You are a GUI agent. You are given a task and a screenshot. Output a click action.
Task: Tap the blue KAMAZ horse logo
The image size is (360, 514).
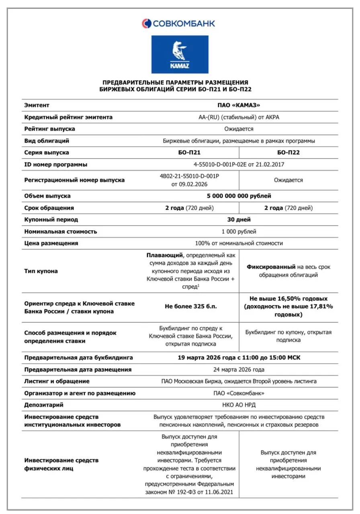pos(180,54)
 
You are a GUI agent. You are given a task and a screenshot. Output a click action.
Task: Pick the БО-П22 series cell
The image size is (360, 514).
pos(288,153)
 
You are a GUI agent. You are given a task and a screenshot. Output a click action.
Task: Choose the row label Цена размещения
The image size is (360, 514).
pos(51,243)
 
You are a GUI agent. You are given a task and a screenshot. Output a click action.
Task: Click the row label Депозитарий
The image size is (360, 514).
pos(44,405)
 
